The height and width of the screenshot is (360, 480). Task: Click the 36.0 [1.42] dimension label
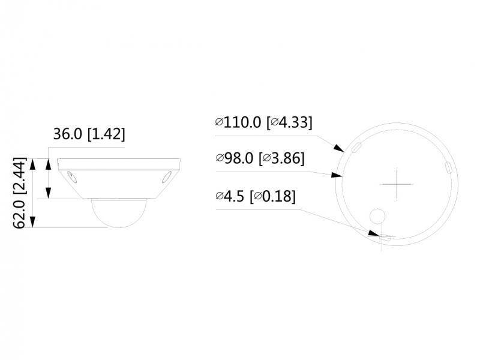[89, 134]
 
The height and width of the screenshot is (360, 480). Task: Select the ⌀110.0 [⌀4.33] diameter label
[264, 122]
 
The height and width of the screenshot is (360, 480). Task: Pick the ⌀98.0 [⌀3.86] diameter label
[260, 159]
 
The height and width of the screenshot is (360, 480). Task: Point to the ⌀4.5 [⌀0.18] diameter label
[255, 196]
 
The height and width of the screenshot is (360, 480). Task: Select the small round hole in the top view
[378, 216]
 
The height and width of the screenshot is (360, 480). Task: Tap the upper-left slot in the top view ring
[355, 146]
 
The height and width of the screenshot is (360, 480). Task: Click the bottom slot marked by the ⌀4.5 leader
[386, 238]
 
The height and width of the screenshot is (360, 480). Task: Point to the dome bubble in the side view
[116, 213]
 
